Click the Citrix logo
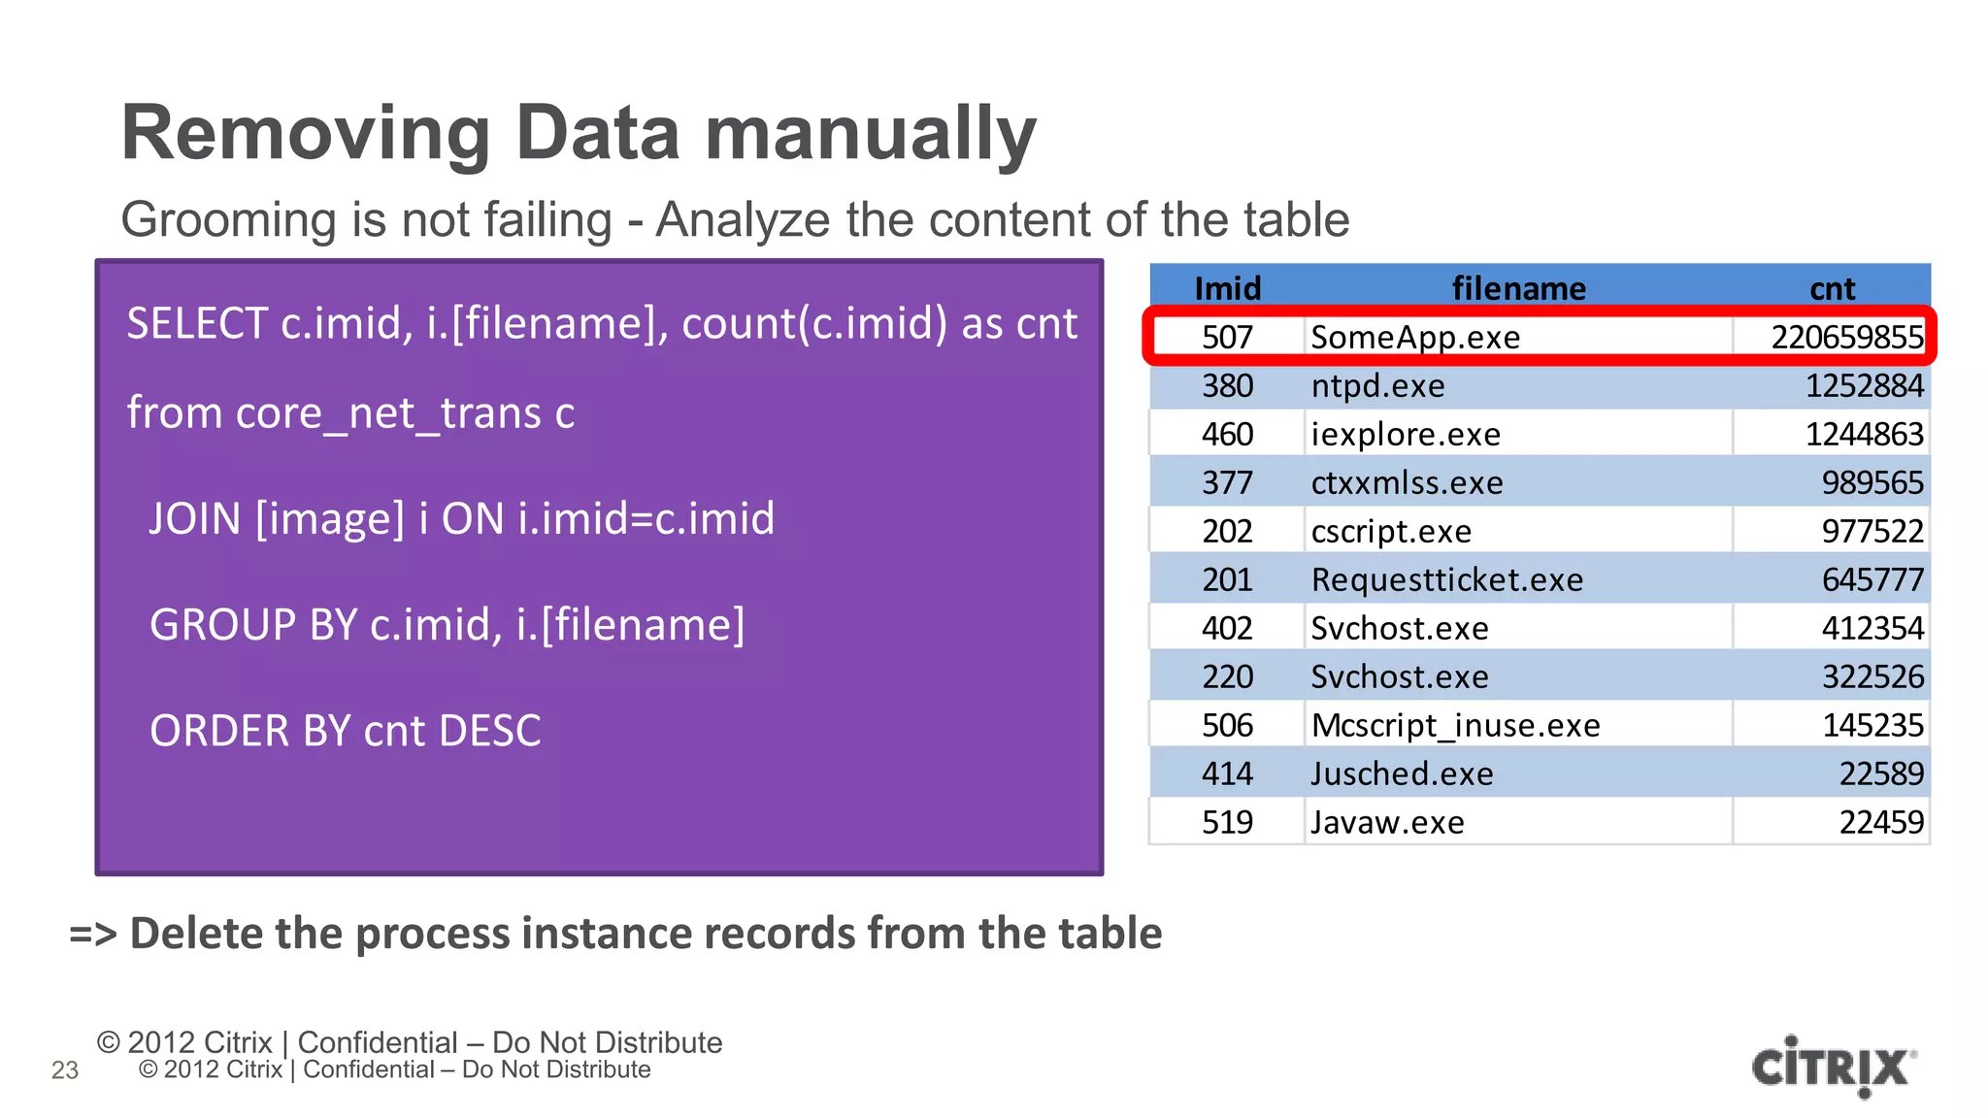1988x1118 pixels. [1833, 1067]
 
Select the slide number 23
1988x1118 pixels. [65, 1069]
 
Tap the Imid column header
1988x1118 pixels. [1227, 288]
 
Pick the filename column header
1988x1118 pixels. [1518, 288]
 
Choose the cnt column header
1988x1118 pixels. [1832, 288]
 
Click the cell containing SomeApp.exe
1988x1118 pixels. [1415, 337]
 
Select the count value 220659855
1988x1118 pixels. [1846, 337]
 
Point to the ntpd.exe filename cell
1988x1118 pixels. [1377, 385]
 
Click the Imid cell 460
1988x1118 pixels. [1227, 434]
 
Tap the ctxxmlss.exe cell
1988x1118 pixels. [1407, 482]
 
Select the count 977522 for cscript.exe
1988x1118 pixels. [1872, 531]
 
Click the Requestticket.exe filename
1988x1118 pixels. [1446, 579]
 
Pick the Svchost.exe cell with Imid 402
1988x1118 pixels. [1399, 628]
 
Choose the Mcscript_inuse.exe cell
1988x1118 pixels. [1455, 725]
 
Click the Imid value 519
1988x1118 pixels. [1227, 822]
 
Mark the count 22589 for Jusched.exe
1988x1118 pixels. [1880, 773]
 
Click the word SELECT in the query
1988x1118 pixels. [197, 323]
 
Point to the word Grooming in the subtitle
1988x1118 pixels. [229, 220]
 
